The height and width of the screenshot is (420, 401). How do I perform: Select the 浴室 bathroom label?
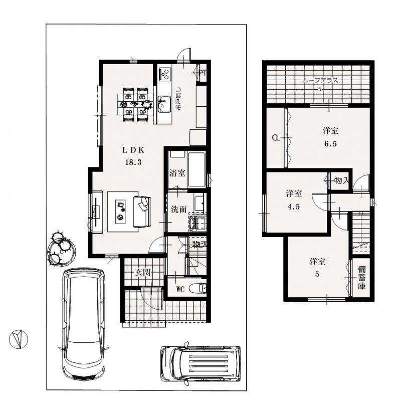[x=178, y=173]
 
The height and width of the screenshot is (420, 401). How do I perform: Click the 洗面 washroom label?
[x=178, y=209]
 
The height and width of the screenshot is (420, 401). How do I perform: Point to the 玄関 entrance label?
[x=142, y=272]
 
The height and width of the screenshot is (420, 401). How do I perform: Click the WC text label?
[x=180, y=289]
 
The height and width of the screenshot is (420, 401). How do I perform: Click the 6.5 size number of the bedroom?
[x=330, y=143]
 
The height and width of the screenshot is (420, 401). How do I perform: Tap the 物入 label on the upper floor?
[x=341, y=179]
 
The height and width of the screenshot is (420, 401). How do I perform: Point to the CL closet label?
[x=276, y=137]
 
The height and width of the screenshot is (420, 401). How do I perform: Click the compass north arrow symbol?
[x=18, y=339]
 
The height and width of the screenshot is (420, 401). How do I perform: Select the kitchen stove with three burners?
[x=164, y=75]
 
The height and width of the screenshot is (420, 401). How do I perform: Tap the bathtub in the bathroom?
[x=196, y=170]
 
